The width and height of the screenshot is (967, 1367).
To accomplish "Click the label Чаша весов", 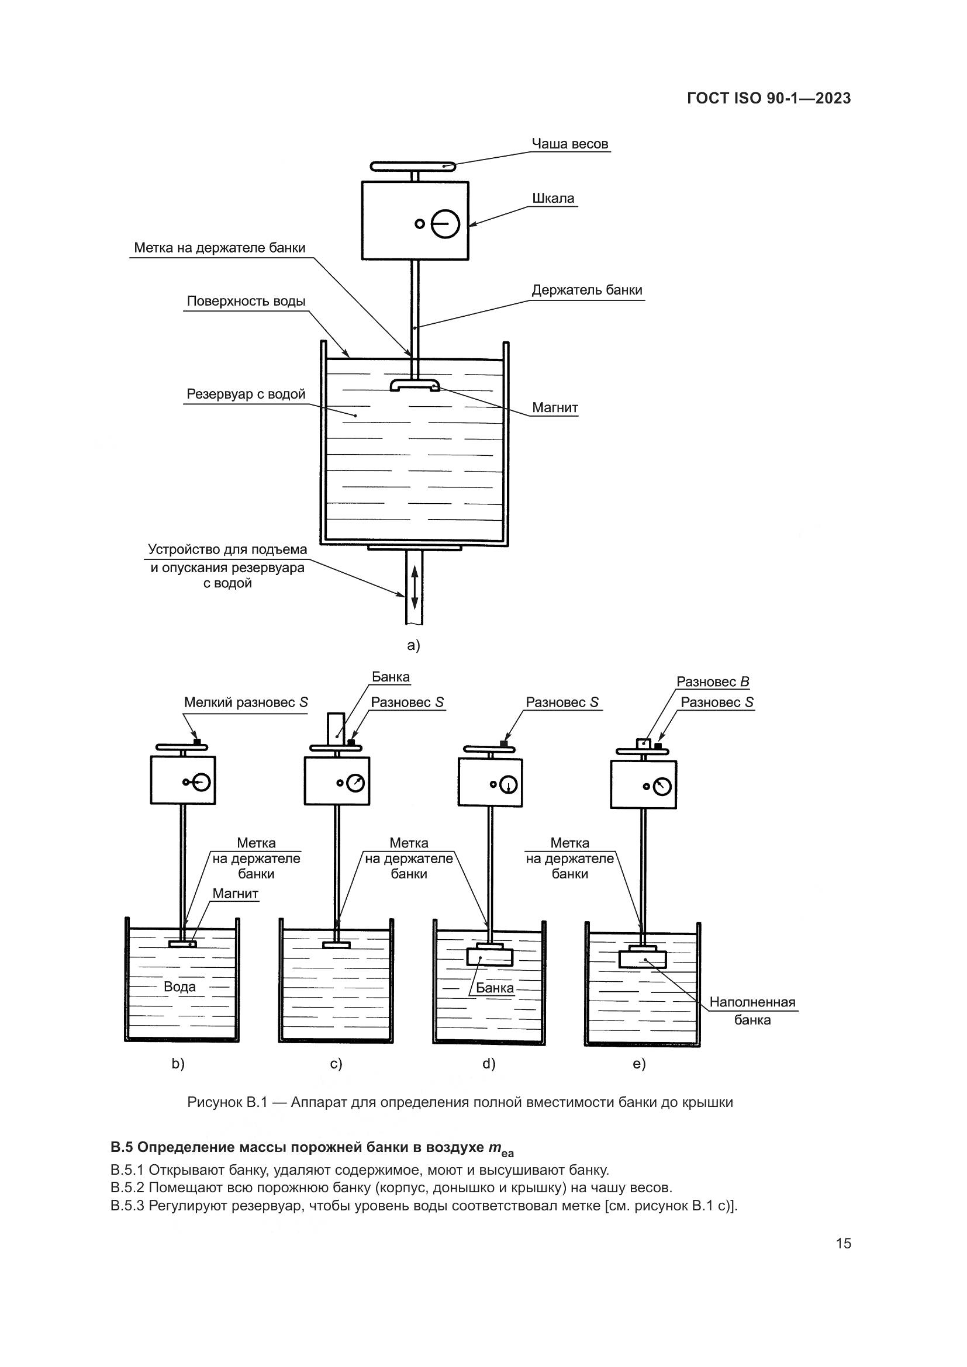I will (x=569, y=144).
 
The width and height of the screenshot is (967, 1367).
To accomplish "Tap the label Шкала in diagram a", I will (x=552, y=198).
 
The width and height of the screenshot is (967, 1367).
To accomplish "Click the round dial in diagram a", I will (x=445, y=224).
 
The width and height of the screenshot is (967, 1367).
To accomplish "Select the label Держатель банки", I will (x=586, y=290).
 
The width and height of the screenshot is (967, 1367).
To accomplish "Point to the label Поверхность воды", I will (x=246, y=301).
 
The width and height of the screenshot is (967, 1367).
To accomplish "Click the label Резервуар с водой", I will (x=246, y=394).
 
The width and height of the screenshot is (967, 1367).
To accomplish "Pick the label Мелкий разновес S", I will (x=246, y=702).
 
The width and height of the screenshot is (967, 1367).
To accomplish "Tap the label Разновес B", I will (x=713, y=681).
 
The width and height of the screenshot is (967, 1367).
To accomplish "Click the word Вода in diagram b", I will (x=179, y=987).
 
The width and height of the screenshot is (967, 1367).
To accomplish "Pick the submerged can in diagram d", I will (x=489, y=957).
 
